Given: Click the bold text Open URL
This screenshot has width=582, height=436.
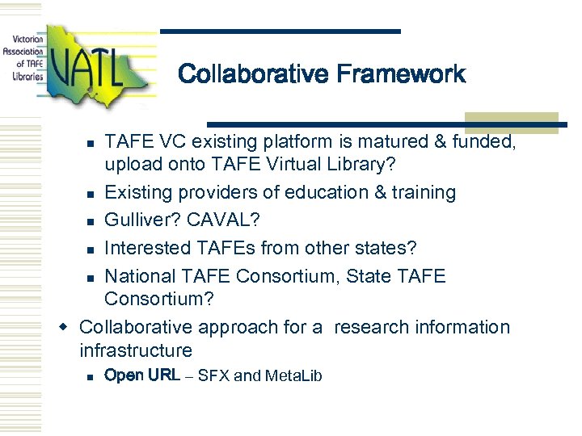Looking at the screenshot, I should pyautogui.click(x=142, y=375).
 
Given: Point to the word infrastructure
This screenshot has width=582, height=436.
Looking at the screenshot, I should pyautogui.click(x=136, y=351).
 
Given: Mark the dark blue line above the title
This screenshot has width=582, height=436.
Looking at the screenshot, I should pyautogui.click(x=280, y=31).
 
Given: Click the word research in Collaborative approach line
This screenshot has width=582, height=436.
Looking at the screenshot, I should pyautogui.click(x=371, y=328).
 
